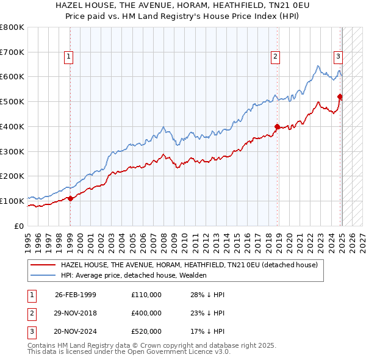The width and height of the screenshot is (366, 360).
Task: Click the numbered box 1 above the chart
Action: tap(68, 57)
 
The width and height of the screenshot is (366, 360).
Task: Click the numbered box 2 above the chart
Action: tap(276, 57)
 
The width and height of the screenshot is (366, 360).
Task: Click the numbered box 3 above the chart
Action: tap(338, 57)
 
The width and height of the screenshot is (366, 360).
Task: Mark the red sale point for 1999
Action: tap(70, 198)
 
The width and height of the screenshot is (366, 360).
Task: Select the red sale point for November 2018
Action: tap(277, 127)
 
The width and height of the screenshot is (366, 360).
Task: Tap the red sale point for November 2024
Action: tap(340, 96)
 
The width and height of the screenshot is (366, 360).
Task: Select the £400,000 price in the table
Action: tap(146, 313)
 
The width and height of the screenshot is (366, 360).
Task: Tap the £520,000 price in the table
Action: tap(146, 331)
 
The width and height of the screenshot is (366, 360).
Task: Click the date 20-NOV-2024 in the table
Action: tap(76, 331)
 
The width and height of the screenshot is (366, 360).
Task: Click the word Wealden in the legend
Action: tap(193, 275)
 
